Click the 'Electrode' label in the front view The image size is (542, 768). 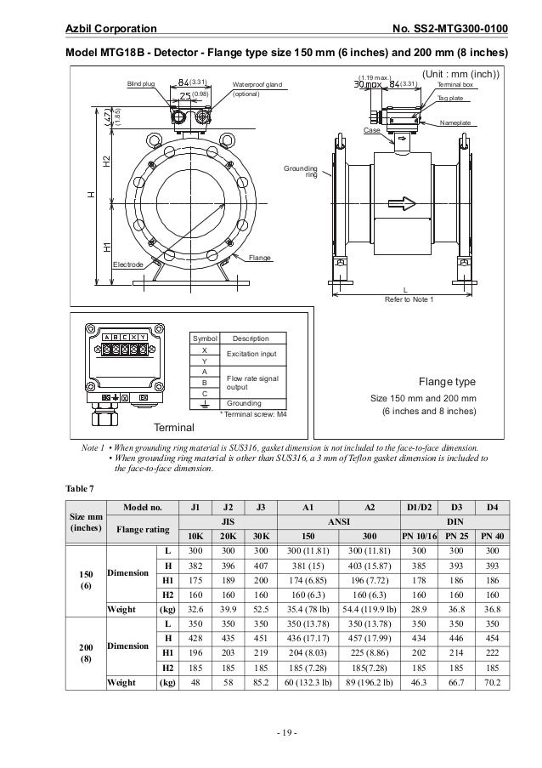(128, 265)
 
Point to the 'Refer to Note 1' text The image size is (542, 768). (409, 299)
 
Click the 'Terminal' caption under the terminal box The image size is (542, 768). (173, 425)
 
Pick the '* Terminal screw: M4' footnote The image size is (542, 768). (252, 412)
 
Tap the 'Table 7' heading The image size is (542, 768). (81, 488)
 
